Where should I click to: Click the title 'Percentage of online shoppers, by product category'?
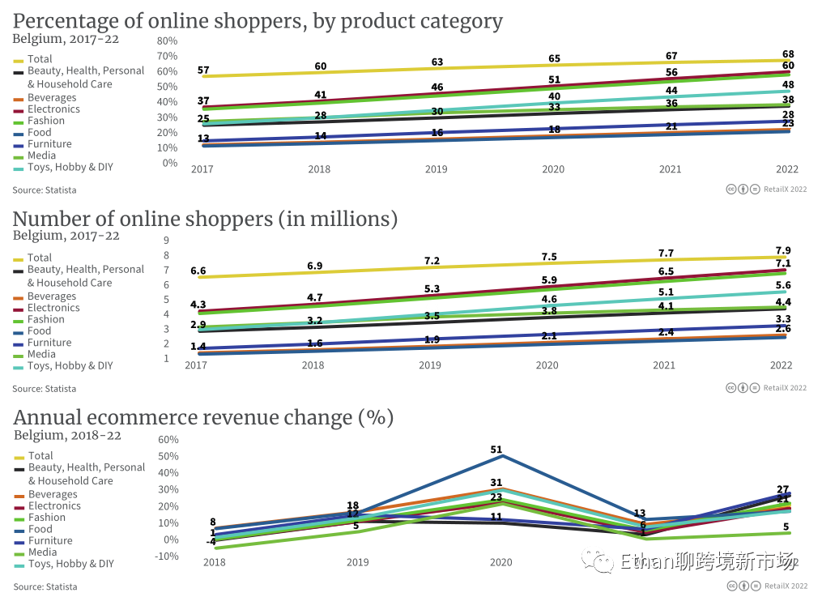[x=258, y=21]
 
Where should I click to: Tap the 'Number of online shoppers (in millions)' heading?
[x=205, y=220]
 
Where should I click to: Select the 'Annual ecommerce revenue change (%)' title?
[x=203, y=418]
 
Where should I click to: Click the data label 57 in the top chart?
[x=203, y=71]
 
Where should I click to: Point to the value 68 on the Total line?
[x=788, y=53]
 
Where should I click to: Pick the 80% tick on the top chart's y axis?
[x=167, y=41]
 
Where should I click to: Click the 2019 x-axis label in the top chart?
[x=437, y=169]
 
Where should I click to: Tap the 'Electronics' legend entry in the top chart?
[x=53, y=109]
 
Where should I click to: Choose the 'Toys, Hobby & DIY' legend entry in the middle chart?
[x=70, y=365]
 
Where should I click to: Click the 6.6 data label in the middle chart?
[x=198, y=271]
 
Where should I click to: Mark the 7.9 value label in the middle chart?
[x=783, y=250]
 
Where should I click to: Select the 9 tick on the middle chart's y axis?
[x=166, y=241]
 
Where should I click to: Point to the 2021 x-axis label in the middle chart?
[x=664, y=365]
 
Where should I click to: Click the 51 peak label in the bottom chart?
[x=496, y=450]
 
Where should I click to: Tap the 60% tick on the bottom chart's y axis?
[x=168, y=440]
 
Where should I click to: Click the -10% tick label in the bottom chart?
[x=166, y=556]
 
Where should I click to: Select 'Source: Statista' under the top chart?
[x=45, y=190]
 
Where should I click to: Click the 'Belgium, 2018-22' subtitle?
[x=67, y=435]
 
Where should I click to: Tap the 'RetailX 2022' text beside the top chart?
[x=785, y=190]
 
